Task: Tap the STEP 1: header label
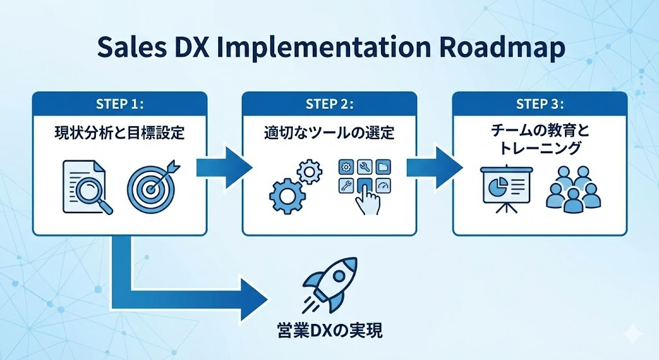pos(119,104)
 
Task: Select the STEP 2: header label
pos(329,104)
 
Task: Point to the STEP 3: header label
pos(540,104)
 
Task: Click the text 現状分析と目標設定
pos(119,135)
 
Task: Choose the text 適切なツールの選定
pos(329,135)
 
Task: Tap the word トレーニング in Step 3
pos(540,148)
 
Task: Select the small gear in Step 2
pos(310,170)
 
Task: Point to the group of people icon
pos(568,188)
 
